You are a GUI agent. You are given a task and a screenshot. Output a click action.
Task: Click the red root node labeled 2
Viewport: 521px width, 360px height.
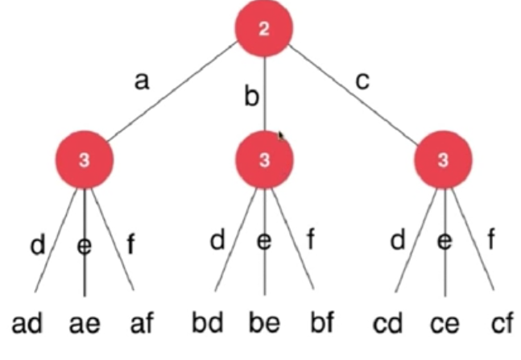264,31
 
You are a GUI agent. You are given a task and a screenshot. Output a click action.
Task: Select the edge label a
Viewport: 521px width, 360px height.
142,81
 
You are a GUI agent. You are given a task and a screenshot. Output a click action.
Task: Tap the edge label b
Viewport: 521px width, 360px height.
252,98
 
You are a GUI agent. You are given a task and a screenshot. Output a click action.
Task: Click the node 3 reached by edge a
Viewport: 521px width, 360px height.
85,159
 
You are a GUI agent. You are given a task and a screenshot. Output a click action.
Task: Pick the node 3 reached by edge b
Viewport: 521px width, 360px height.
264,159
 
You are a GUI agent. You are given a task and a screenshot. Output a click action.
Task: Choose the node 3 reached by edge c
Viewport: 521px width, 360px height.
443,159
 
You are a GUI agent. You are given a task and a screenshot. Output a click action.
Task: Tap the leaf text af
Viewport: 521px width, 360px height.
140,325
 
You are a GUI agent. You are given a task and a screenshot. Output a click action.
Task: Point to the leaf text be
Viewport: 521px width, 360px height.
266,325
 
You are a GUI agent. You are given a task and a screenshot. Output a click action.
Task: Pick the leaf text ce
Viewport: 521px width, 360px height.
445,325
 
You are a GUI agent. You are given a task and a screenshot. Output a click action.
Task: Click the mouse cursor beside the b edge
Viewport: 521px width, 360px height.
282,137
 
